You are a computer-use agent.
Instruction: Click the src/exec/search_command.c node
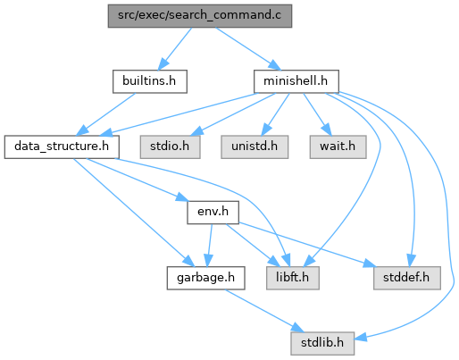[x=200, y=16]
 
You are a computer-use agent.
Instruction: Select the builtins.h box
[x=150, y=81]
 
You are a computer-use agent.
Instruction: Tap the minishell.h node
[x=296, y=81]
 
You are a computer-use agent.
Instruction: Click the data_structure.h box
[x=62, y=147]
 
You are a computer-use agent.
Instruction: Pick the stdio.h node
[x=170, y=147]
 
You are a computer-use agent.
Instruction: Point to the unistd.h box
[x=255, y=147]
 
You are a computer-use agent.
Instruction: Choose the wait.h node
[x=338, y=147]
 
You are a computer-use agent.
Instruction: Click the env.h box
[x=213, y=213]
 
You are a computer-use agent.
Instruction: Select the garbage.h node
[x=205, y=278]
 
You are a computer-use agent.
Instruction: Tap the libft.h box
[x=293, y=278]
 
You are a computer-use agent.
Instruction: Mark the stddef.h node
[x=407, y=278]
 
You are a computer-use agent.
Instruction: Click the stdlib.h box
[x=322, y=343]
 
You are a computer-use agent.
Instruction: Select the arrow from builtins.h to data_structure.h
[x=106, y=114]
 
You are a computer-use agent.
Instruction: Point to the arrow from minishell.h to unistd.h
[x=275, y=114]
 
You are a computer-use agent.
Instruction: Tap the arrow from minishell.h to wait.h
[x=317, y=114]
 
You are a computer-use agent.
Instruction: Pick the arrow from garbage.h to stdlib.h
[x=264, y=311]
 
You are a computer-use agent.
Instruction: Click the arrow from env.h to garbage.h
[x=209, y=246]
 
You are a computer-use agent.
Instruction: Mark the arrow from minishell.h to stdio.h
[x=233, y=114]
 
